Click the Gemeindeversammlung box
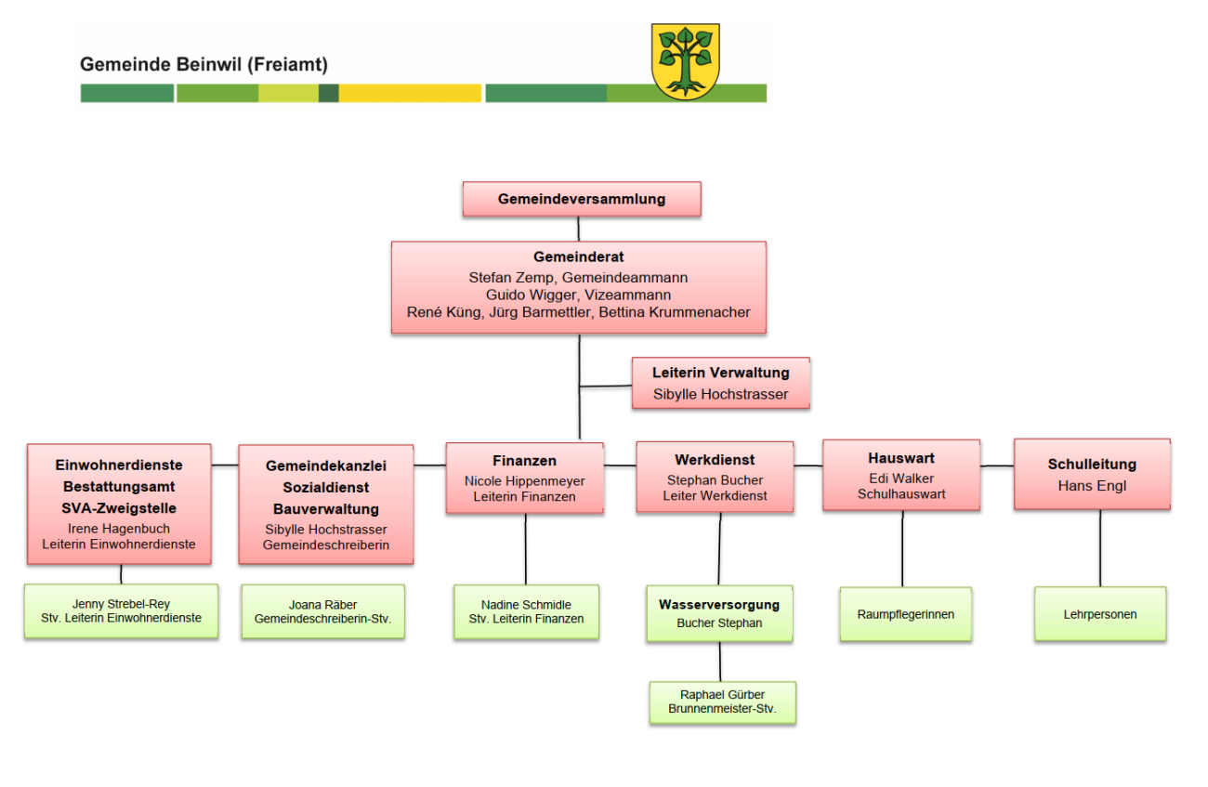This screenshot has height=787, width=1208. (582, 199)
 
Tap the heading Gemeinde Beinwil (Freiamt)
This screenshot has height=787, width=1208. (204, 65)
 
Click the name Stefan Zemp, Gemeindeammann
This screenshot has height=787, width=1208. (578, 277)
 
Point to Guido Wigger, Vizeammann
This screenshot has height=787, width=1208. (578, 295)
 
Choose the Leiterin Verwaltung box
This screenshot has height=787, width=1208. (720, 383)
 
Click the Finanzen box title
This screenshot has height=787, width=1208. (524, 461)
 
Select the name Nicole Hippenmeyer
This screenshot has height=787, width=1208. (524, 480)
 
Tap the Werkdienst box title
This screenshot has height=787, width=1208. (715, 460)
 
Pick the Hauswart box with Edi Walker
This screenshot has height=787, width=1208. (901, 475)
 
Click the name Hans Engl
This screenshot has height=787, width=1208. (1092, 485)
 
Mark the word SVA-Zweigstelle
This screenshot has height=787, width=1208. (119, 508)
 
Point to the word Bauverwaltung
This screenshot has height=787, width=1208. (325, 509)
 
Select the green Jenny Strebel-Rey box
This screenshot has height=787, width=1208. (121, 610)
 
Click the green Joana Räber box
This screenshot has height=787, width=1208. (322, 610)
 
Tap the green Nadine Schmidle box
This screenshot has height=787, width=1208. (526, 611)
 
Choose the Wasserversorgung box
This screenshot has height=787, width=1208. (719, 613)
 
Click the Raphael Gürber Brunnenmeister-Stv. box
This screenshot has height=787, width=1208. (722, 702)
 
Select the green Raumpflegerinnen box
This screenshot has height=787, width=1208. (905, 614)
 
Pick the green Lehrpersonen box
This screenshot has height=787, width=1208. (1100, 614)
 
